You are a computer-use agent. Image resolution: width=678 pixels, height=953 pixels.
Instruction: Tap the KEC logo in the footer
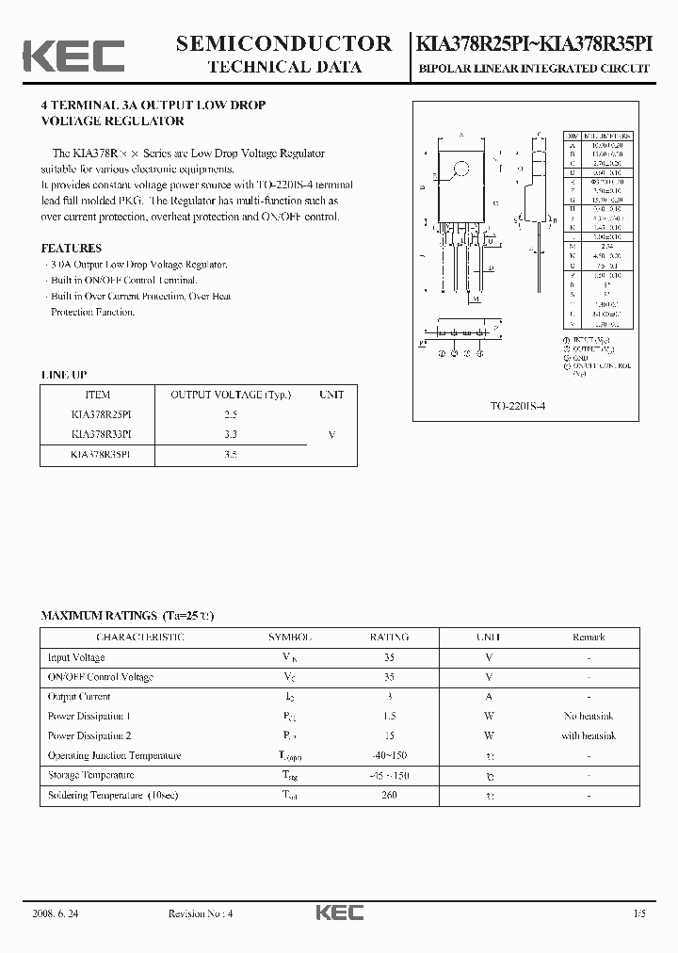pos(338,913)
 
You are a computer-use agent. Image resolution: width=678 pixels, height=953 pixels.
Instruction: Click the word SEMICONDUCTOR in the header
pos(283,43)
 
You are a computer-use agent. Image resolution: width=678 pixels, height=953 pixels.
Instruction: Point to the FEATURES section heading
pos(71,249)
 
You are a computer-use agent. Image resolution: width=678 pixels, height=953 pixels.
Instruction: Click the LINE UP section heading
pos(63,375)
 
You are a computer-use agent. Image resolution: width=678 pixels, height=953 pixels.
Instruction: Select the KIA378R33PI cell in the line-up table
pos(101,434)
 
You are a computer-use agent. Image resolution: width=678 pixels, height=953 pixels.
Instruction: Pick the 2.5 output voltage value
pos(231,414)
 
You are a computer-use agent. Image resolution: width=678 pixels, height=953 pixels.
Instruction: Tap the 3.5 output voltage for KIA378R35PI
pos(231,454)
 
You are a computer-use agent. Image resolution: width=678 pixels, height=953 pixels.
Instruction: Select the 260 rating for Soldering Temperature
pos(390,796)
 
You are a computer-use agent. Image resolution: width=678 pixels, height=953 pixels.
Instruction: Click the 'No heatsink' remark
pos(588,717)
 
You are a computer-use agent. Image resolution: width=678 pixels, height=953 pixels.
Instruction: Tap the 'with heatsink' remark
pos(588,736)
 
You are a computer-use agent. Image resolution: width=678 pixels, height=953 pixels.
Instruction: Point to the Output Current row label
pos(79,697)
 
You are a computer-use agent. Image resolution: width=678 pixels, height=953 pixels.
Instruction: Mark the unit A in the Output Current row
pos(489,697)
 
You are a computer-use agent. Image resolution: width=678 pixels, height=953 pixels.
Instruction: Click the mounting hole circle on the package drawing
pos(461,170)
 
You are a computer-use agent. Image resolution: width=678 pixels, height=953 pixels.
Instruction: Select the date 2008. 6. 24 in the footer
pos(58,913)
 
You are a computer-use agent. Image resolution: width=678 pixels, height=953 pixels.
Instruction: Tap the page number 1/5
pos(640,913)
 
